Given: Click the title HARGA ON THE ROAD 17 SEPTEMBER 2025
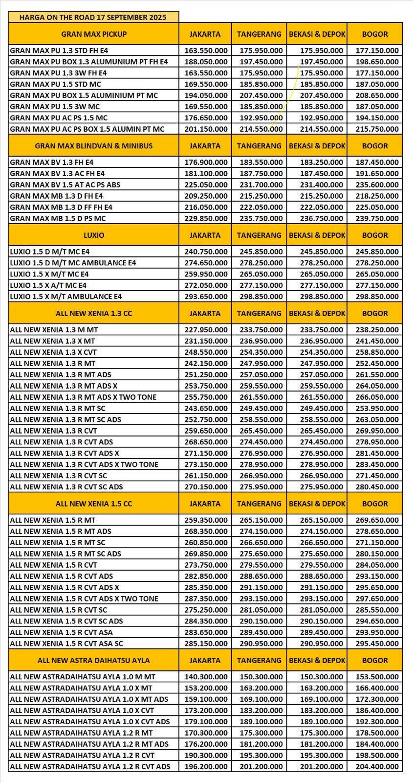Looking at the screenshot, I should click(x=93, y=17).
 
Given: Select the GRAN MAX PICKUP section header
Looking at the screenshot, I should click(x=94, y=34).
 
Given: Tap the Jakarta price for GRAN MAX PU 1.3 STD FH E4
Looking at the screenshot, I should click(x=206, y=50).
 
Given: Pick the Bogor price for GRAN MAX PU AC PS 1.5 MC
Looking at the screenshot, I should click(x=375, y=118).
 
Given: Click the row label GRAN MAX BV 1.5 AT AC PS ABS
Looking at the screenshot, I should click(x=65, y=184).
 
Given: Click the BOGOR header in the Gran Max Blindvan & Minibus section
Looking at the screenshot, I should click(x=375, y=146).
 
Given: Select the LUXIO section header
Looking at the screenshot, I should click(x=94, y=235).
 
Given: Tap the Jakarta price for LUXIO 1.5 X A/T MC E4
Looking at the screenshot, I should click(x=206, y=285).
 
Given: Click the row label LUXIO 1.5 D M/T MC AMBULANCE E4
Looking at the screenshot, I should click(x=73, y=263).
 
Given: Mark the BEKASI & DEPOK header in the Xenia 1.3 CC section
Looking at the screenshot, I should click(x=317, y=313).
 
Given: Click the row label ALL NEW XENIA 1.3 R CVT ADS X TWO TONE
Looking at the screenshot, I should click(x=84, y=464).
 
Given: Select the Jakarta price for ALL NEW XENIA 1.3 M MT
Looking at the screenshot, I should click(x=206, y=330).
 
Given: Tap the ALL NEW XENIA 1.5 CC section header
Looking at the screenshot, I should click(x=94, y=504).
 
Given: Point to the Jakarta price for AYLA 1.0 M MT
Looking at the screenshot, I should click(x=206, y=677).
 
